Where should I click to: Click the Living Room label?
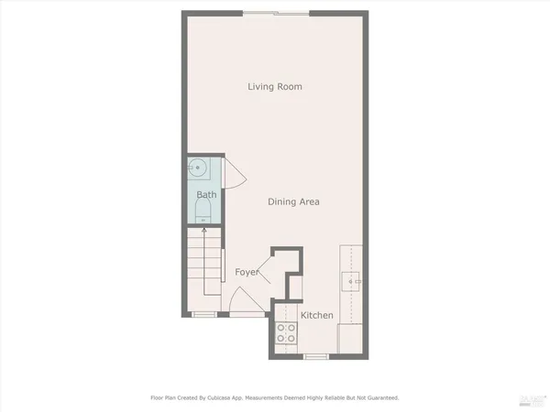tap(275, 87)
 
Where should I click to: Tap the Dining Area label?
tap(293, 201)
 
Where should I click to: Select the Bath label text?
tap(206, 195)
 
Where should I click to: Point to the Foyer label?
tap(246, 272)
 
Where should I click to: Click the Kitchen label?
tap(317, 315)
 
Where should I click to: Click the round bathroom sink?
tap(197, 168)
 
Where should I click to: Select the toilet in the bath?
tap(203, 216)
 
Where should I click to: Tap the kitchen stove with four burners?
tap(286, 334)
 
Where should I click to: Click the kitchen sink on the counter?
tap(350, 281)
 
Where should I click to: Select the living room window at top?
tap(276, 13)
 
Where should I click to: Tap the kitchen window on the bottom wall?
tap(316, 355)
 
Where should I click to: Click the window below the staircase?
tap(204, 315)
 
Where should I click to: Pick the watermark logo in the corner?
tap(529, 398)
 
